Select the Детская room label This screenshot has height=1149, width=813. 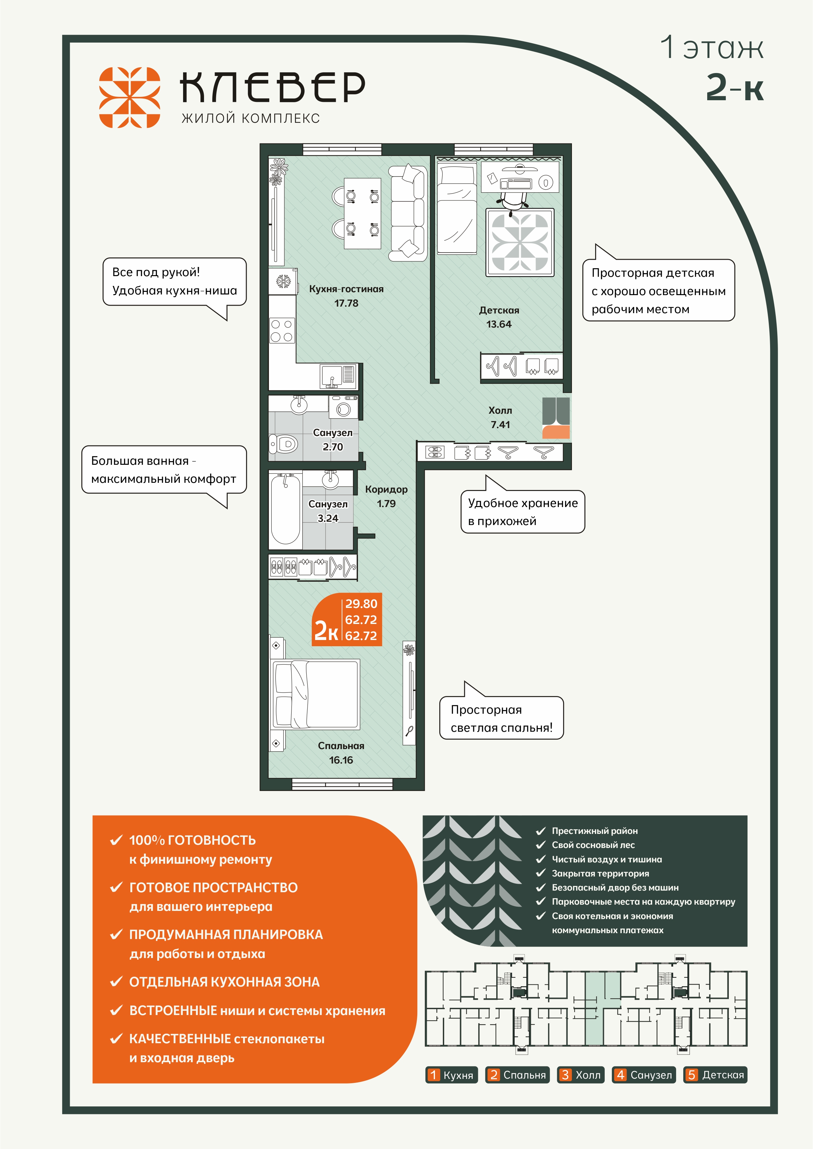click(x=499, y=310)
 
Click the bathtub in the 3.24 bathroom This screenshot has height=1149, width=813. click(x=285, y=509)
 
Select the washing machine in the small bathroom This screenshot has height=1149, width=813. click(x=343, y=406)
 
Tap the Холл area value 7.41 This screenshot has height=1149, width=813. click(x=500, y=425)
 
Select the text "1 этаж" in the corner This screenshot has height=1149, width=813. click(x=711, y=47)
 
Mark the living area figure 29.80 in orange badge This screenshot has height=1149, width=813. click(x=361, y=604)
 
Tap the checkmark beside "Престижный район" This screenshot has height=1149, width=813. click(x=540, y=831)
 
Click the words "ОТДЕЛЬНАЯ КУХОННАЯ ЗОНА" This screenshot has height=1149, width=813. click(x=224, y=982)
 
